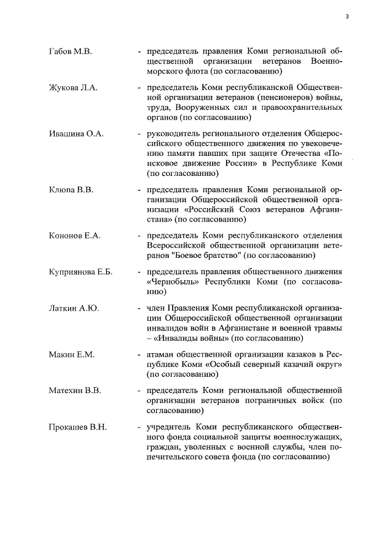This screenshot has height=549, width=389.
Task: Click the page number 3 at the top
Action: pos(347,16)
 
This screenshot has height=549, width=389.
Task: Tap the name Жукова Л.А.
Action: pos(73,89)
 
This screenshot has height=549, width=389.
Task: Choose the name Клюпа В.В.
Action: pos(71,190)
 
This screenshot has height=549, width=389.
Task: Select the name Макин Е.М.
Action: pos(71,354)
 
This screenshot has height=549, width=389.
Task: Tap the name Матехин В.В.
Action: pos(74,390)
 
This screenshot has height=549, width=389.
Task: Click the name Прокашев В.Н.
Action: pos(77,427)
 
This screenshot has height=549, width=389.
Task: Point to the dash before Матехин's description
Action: pos(140,390)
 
